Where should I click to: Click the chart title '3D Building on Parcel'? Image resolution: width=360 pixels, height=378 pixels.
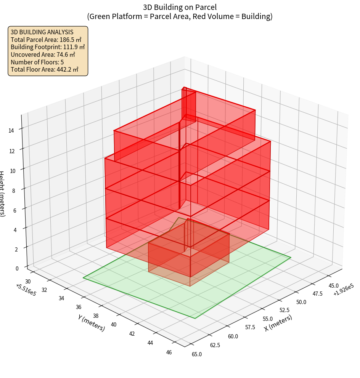pyautogui.click(x=180, y=7)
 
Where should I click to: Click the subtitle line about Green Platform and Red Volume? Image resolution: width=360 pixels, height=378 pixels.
pyautogui.click(x=180, y=16)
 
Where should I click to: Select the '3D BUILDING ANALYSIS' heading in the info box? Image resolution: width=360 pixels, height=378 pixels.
pyautogui.click(x=42, y=32)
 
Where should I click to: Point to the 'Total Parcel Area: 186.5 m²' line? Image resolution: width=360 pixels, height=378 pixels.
pyautogui.click(x=46, y=40)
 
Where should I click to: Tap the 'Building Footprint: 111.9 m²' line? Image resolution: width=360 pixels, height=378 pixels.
pyautogui.click(x=48, y=47)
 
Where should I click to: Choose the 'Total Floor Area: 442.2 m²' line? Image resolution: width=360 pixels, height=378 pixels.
pyautogui.click(x=45, y=69)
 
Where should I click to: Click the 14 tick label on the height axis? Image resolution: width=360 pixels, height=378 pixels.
pyautogui.click(x=11, y=130)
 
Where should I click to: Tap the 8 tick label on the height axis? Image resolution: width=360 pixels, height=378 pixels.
pyautogui.click(x=13, y=190)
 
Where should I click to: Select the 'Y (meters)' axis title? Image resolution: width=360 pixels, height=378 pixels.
pyautogui.click(x=91, y=323)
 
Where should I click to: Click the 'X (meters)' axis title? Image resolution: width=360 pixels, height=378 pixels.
pyautogui.click(x=278, y=323)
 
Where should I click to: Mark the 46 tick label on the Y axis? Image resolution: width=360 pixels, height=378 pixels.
pyautogui.click(x=169, y=352)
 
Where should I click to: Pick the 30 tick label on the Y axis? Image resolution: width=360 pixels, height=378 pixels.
pyautogui.click(x=27, y=281)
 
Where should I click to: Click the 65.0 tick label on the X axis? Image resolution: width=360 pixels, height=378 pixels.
pyautogui.click(x=197, y=354)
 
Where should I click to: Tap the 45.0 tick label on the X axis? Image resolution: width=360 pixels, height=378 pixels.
pyautogui.click(x=334, y=285)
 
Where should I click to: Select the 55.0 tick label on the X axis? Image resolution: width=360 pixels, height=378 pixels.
pyautogui.click(x=267, y=319)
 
